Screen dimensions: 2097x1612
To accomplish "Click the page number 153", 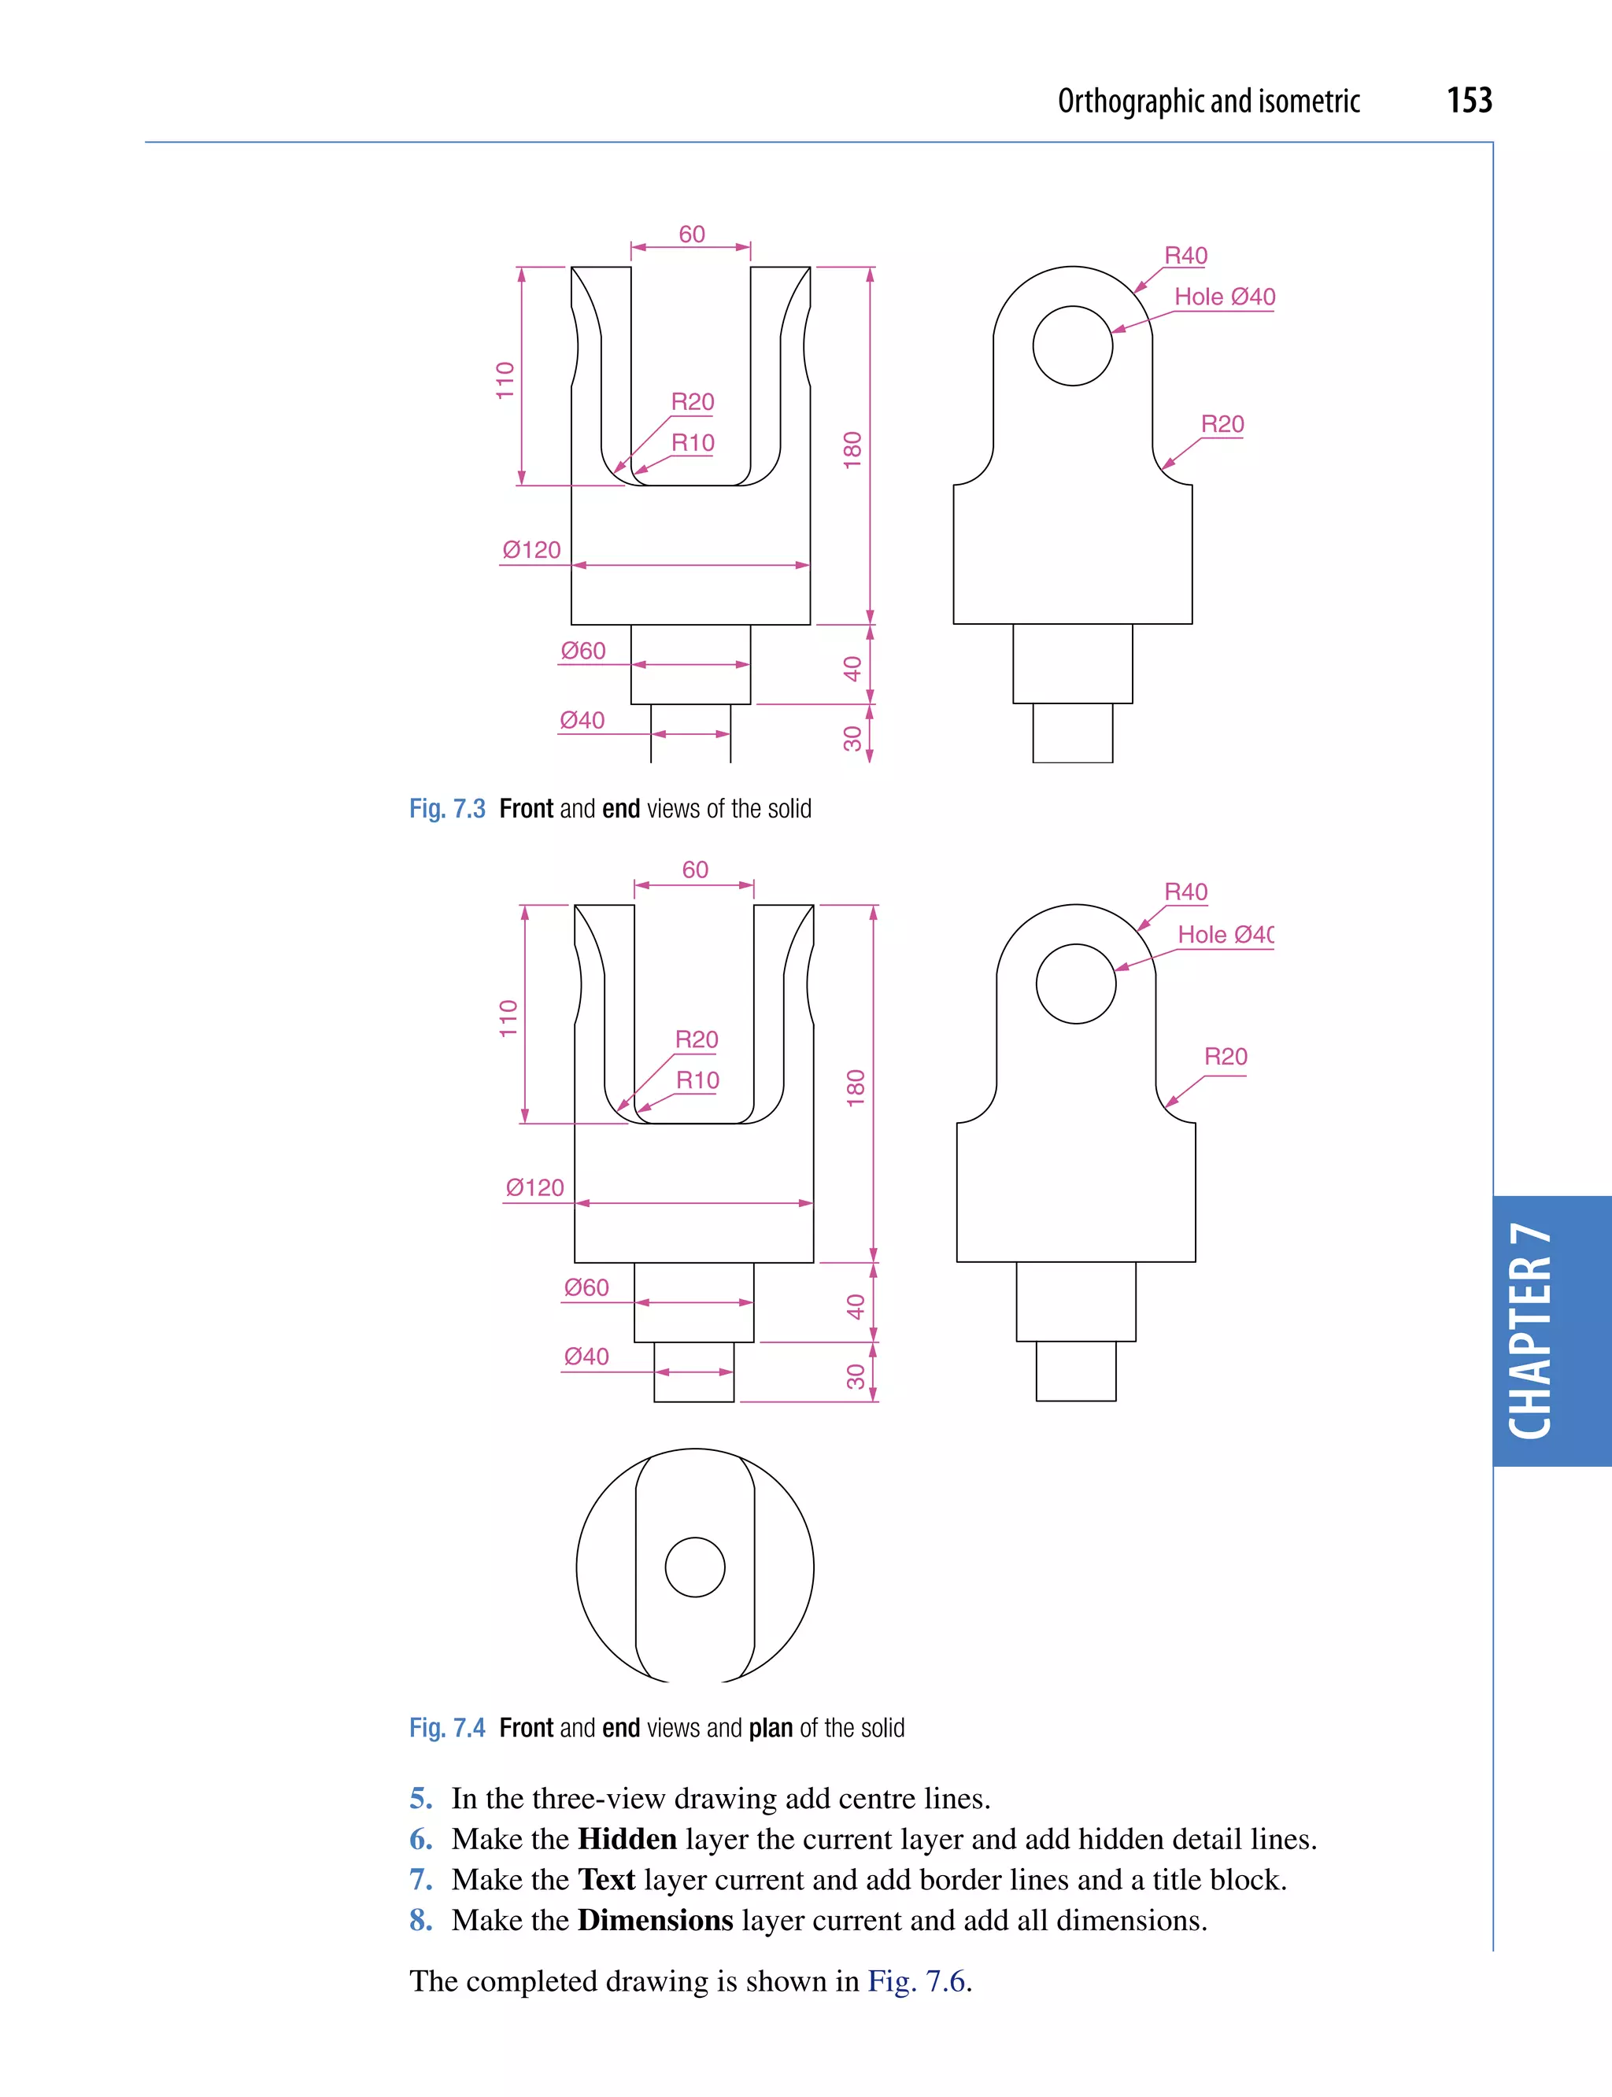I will [1468, 101].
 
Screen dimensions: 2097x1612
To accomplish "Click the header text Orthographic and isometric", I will [1208, 102].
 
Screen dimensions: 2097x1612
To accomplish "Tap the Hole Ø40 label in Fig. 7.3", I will [1225, 297].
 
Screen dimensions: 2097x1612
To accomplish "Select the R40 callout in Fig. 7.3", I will [1185, 257].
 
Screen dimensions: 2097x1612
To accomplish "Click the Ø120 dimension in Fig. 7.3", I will [531, 551].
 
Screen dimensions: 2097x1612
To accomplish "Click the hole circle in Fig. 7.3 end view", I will [1072, 346].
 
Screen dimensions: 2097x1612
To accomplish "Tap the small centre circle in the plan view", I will [695, 1567].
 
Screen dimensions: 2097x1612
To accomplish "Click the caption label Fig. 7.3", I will [447, 809].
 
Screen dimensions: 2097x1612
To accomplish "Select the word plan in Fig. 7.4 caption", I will [770, 1728].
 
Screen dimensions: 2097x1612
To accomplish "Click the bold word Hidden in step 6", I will [627, 1839].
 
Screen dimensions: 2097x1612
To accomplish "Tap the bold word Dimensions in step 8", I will [656, 1921].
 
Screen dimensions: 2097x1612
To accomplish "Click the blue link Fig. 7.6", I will [916, 1981].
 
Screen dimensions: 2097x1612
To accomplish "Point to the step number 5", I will [420, 1799].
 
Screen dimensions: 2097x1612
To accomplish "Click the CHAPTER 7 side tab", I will [1532, 1331].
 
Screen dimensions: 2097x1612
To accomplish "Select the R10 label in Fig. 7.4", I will [697, 1081].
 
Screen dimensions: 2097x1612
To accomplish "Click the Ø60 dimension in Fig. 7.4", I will [586, 1287].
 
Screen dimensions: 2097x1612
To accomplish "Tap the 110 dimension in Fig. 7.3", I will [505, 380].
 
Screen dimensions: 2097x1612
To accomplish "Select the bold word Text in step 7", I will [606, 1880].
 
